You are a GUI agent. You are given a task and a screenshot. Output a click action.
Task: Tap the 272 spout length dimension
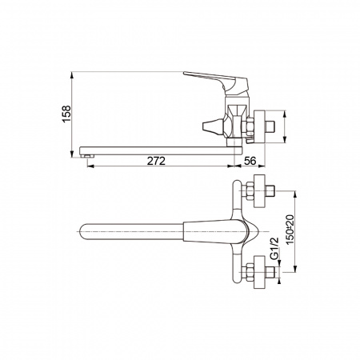click(x=156, y=161)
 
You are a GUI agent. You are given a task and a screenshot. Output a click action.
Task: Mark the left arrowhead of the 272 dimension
click(x=87, y=167)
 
